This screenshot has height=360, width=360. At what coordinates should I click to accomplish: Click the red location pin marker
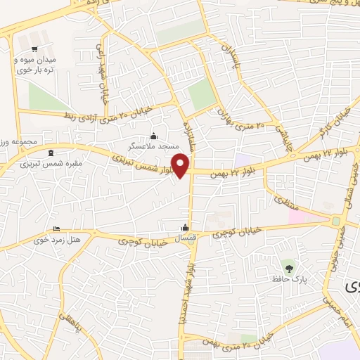click(x=182, y=165)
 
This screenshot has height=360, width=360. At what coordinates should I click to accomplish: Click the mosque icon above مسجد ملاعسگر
click(x=155, y=136)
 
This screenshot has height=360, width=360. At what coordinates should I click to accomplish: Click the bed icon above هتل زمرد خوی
click(x=57, y=229)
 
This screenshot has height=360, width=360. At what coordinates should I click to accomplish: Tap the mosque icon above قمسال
click(x=185, y=227)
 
